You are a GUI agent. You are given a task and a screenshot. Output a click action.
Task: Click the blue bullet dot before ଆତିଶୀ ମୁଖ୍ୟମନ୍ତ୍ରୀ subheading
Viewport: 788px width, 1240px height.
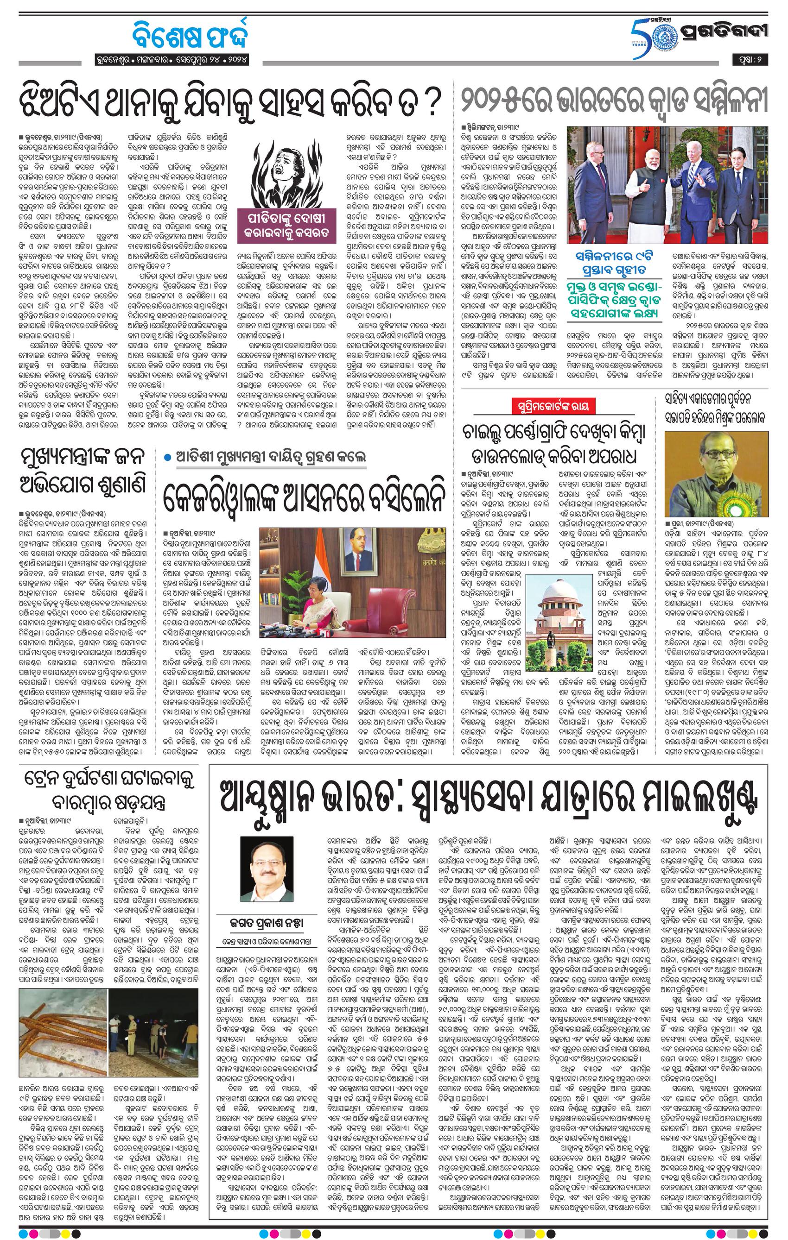[167, 458]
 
